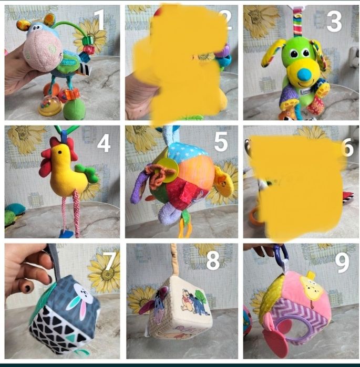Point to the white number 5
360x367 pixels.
221,141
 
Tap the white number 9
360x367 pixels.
342,263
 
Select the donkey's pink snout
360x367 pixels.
42,51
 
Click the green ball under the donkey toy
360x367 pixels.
75,109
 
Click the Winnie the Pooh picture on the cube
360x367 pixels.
196,302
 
